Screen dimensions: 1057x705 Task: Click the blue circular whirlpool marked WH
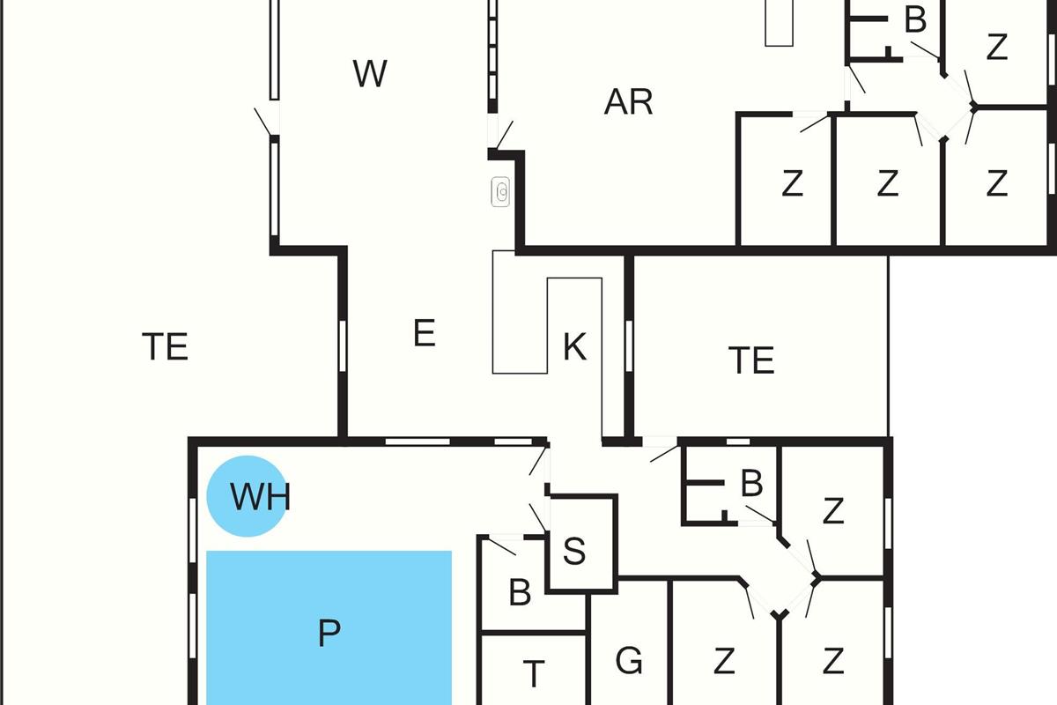click(x=248, y=496)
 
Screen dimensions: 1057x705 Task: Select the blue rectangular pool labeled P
click(x=329, y=627)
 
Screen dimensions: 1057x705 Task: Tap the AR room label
click(x=629, y=102)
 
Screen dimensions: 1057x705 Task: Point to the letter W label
click(x=370, y=74)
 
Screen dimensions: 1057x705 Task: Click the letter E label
click(x=425, y=333)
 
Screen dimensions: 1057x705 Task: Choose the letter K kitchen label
click(x=575, y=347)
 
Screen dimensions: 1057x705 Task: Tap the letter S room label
click(x=574, y=551)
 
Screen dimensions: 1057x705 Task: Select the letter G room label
click(x=629, y=660)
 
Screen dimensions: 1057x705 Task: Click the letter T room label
click(x=534, y=674)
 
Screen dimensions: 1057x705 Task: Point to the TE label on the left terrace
click(x=166, y=346)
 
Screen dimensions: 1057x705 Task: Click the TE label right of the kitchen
click(x=751, y=360)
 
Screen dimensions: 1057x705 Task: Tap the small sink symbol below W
click(x=500, y=192)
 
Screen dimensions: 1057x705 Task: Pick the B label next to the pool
click(x=520, y=592)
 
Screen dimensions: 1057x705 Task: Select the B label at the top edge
click(x=915, y=20)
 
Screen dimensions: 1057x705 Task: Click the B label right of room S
click(x=751, y=483)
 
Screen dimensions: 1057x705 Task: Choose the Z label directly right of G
click(x=724, y=661)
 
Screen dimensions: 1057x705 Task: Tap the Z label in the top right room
click(x=997, y=47)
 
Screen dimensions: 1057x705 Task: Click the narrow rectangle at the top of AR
click(x=779, y=23)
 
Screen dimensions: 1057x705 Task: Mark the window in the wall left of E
click(x=343, y=346)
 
